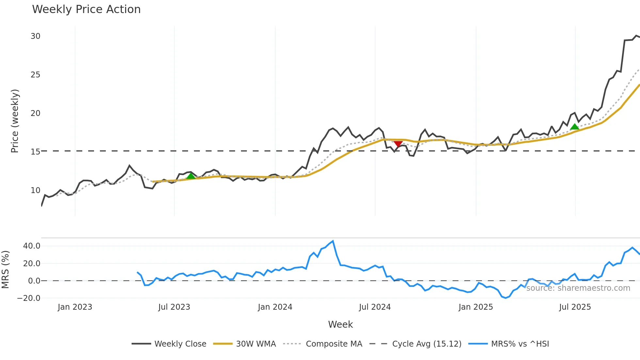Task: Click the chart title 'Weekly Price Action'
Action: pos(86,9)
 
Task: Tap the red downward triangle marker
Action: pos(398,144)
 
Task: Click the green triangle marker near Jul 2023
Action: pos(191,176)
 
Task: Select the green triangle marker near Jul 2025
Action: pos(574,127)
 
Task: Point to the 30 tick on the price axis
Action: pos(36,36)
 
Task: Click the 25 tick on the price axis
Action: pos(36,75)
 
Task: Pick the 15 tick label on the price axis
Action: pos(36,152)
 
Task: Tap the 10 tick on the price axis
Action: pos(36,190)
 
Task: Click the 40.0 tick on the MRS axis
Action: pos(32,246)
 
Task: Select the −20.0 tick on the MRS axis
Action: pos(29,298)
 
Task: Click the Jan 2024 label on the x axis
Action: pos(275,307)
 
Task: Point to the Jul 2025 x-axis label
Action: pos(575,307)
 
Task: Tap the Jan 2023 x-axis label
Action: pos(75,307)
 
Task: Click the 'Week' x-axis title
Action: pos(340,324)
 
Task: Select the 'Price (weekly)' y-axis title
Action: pos(15,121)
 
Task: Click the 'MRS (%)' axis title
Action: pos(6,270)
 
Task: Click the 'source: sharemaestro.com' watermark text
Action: pos(578,288)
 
